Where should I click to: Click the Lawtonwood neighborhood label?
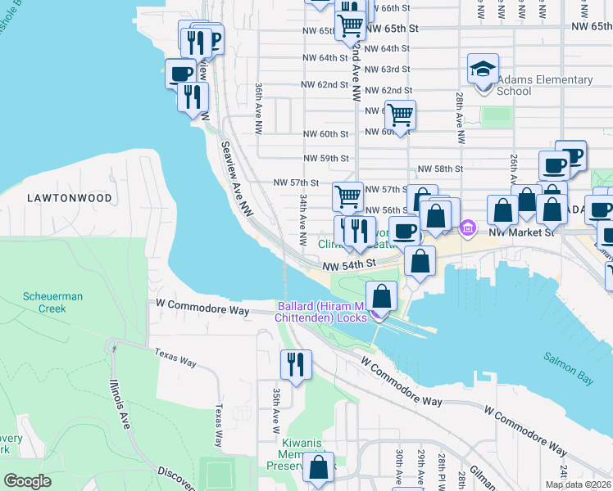coord(57,198)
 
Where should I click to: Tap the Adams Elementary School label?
coord(545,85)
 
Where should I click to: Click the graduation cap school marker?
coord(484,69)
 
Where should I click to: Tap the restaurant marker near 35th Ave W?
coord(296,364)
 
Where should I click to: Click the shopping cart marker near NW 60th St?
coord(400,115)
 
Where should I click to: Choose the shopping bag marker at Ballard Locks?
coord(382,296)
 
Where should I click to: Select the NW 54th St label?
coord(348,264)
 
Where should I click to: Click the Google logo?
coord(28,481)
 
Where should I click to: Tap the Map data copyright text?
coord(579,484)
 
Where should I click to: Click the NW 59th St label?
coord(325,159)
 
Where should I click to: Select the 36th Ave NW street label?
coord(258,108)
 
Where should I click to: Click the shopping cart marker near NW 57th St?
coord(347,196)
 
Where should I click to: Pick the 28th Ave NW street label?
coord(461,118)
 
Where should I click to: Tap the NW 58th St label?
coord(440,169)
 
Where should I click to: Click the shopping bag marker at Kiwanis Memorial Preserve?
coord(319,468)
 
